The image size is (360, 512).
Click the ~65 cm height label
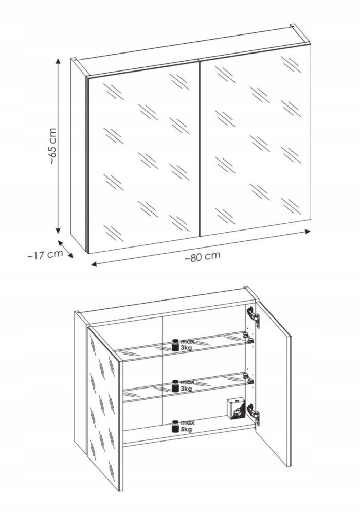pyautogui.click(x=53, y=146)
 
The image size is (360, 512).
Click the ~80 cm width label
pyautogui.click(x=202, y=256)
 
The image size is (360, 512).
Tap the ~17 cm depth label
pyautogui.click(x=45, y=255)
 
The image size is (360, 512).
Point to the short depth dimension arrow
pyautogui.click(x=66, y=249)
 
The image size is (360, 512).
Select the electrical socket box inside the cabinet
pyautogui.click(x=236, y=408)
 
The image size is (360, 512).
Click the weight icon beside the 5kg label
pyautogui.click(x=175, y=426)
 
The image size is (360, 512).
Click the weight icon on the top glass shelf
pyautogui.click(x=175, y=345)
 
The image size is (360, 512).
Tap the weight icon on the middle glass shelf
pyautogui.click(x=175, y=385)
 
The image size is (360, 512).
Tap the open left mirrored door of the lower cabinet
pyautogui.click(x=104, y=408)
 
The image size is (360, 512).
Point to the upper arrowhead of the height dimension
pyautogui.click(x=58, y=62)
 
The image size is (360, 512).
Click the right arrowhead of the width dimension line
pyautogui.click(x=307, y=231)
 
